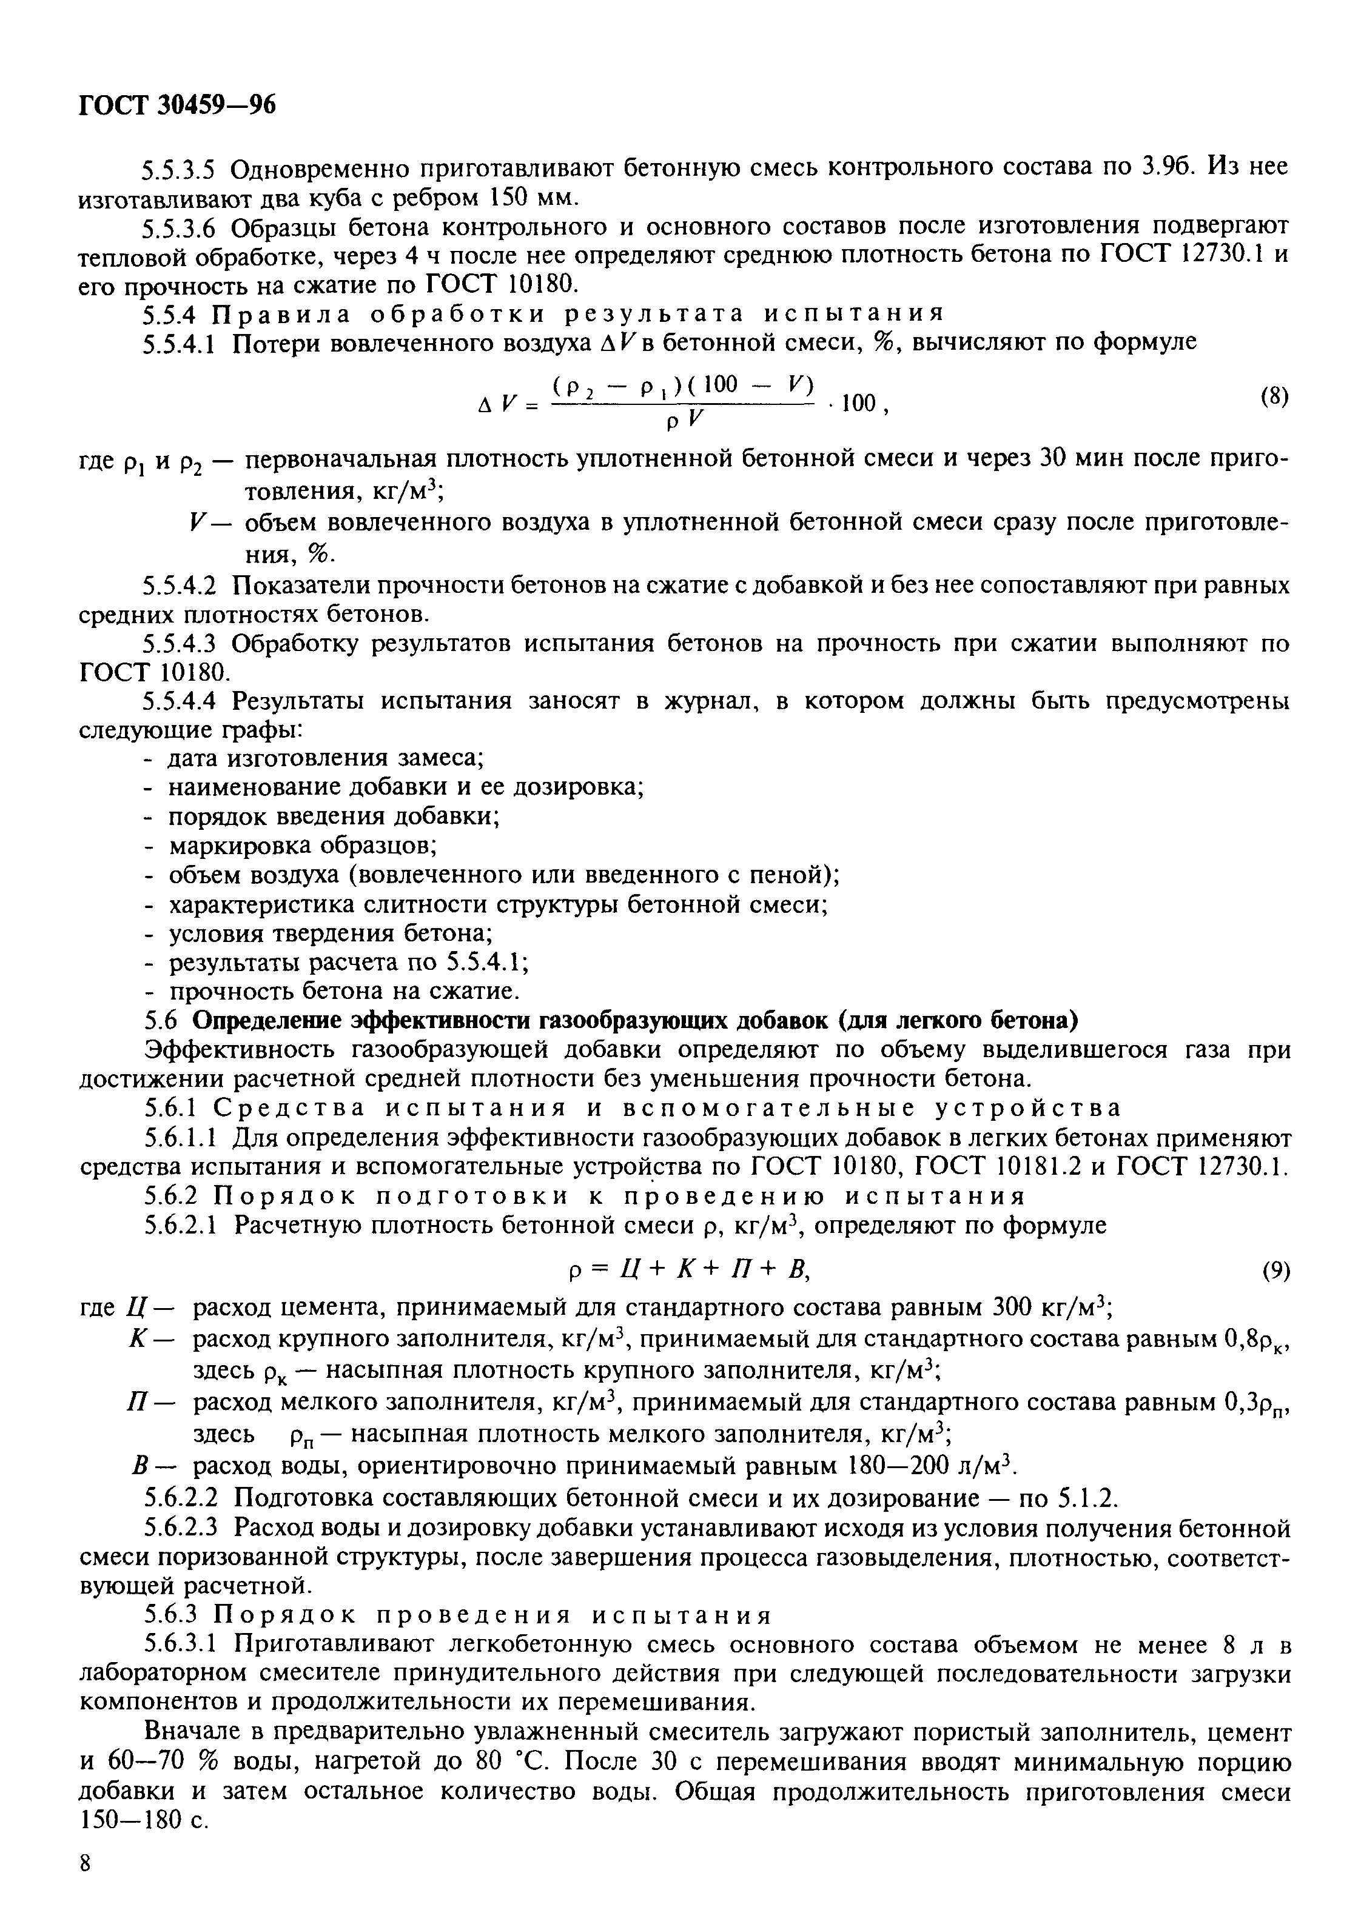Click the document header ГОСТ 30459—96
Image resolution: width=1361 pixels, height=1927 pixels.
177,105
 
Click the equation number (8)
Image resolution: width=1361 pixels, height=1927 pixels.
1274,397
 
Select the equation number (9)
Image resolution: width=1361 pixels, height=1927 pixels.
1275,1272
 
